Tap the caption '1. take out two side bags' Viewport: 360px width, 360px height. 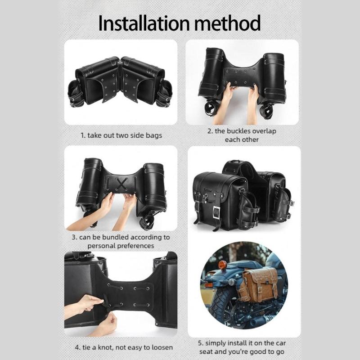point(121,135)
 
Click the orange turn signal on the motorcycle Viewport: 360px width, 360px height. point(222,265)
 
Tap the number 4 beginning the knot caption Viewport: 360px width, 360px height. point(76,347)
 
